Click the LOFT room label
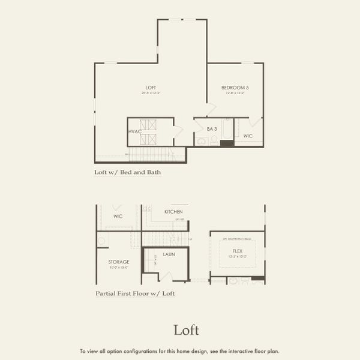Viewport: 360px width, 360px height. [151, 88]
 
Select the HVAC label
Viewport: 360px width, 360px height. [134, 131]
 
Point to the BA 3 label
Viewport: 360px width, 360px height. [212, 128]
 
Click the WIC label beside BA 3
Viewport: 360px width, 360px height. [248, 136]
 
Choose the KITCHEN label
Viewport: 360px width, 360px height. [173, 212]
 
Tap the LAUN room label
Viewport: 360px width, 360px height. [169, 254]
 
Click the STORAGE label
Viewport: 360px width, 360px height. [119, 262]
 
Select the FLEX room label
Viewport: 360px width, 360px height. [237, 251]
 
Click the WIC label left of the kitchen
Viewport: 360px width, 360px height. [118, 216]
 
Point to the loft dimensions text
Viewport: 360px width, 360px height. [151, 93]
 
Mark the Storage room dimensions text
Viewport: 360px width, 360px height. [119, 267]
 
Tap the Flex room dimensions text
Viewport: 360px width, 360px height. [237, 256]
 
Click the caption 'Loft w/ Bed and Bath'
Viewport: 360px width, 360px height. [127, 172]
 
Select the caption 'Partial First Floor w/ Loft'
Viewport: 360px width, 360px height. [135, 294]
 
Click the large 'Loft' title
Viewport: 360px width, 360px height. [186, 329]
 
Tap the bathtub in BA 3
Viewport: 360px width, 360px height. [227, 129]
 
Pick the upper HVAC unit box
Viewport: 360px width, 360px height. [148, 125]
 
